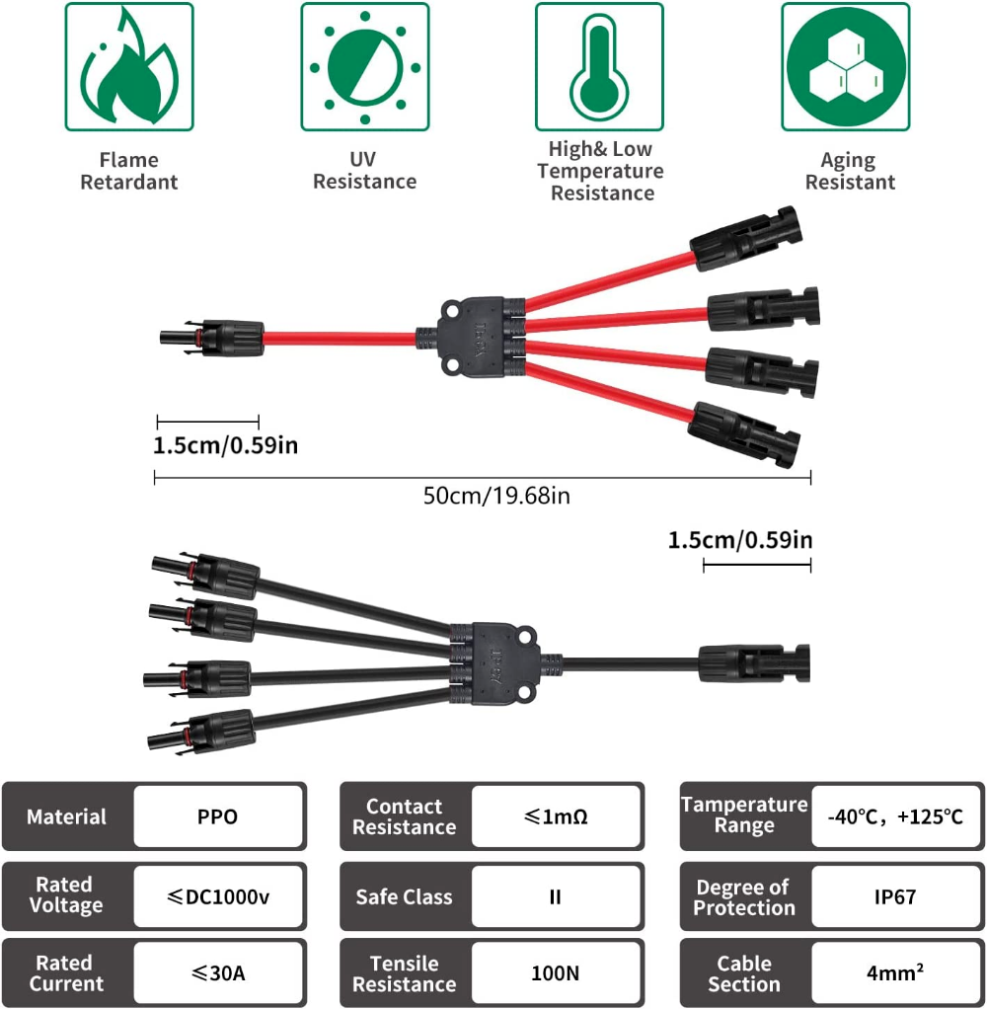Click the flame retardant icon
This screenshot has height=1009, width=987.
(x=129, y=67)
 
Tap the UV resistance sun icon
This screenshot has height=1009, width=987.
(x=365, y=67)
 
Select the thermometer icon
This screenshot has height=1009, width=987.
(x=600, y=67)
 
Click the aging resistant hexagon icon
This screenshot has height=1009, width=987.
(x=845, y=67)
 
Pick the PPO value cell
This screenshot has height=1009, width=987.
(x=217, y=817)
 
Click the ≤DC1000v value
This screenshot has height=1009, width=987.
(x=218, y=896)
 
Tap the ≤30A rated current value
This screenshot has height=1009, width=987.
(x=218, y=973)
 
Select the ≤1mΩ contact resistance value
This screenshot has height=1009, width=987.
(x=556, y=817)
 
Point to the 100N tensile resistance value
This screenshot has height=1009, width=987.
(x=556, y=973)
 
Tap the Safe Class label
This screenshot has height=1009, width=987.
(x=405, y=896)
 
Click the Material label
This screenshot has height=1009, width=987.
(x=66, y=817)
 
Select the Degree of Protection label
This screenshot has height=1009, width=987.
(x=743, y=896)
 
